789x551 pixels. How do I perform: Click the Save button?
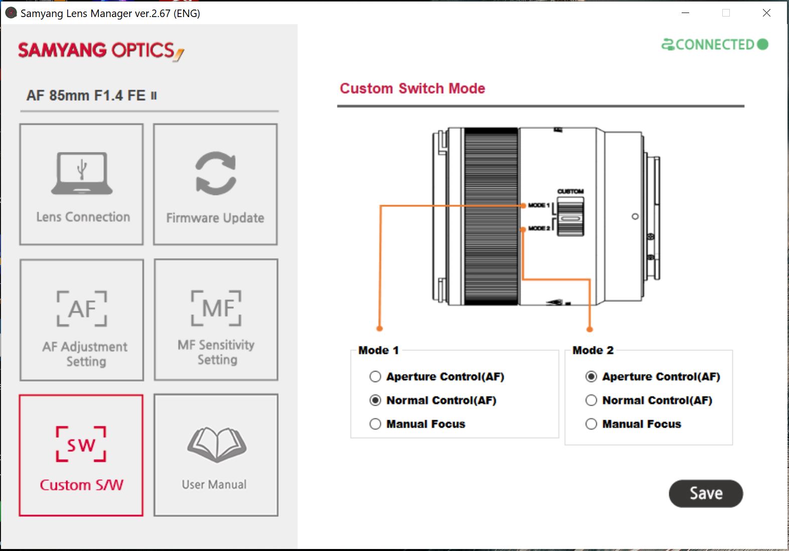[x=706, y=493]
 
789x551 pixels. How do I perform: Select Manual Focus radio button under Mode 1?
[x=375, y=424]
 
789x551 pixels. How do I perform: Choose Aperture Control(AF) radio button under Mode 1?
[x=375, y=377]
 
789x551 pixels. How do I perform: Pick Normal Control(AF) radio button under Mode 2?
[x=591, y=400]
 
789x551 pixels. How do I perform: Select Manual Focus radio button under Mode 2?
[x=591, y=424]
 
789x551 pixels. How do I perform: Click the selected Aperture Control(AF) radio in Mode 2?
[x=591, y=377]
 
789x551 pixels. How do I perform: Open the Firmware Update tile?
[x=215, y=184]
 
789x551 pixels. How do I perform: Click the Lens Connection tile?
[x=81, y=184]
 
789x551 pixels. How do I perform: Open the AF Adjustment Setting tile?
[x=82, y=320]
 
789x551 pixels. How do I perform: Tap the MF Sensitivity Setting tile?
[x=216, y=320]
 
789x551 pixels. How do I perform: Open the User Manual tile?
[x=216, y=455]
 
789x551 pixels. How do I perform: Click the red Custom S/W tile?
[x=81, y=455]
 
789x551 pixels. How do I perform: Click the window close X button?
[x=766, y=13]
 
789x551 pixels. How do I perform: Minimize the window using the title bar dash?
[x=686, y=13]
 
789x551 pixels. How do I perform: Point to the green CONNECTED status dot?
[x=762, y=44]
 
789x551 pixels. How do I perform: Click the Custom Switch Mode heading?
[x=412, y=88]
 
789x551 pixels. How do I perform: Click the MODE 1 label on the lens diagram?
[x=539, y=205]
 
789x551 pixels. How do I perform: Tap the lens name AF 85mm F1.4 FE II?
[x=92, y=95]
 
